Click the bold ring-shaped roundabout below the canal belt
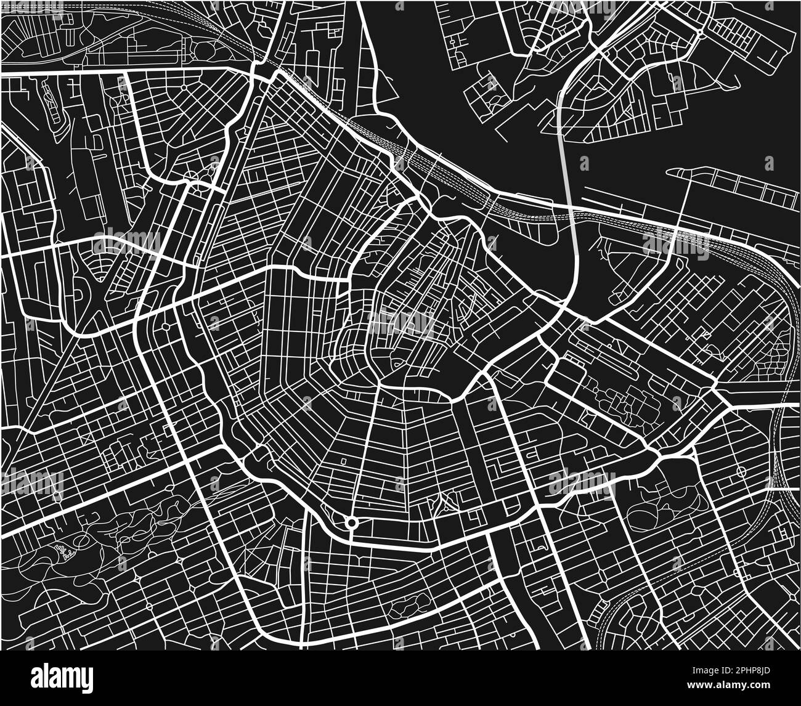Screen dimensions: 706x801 [x=351, y=523]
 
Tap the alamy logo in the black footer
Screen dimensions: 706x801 [x=62, y=678]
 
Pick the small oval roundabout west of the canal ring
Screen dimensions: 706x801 [x=165, y=327]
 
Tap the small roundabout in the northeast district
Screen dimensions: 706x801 [x=701, y=33]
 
